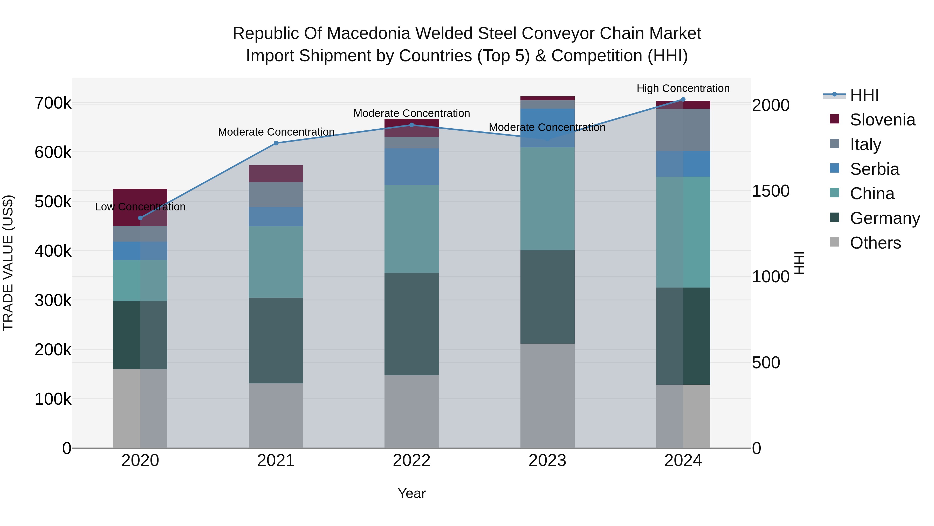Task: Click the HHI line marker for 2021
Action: click(276, 143)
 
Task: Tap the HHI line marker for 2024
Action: click(683, 99)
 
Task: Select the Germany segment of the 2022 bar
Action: click(411, 324)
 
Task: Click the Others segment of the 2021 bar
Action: click(276, 416)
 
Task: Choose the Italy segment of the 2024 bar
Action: click(683, 130)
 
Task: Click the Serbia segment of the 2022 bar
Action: click(411, 167)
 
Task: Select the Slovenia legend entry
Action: click(882, 120)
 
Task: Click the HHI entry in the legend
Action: click(864, 95)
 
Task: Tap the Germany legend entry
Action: click(885, 218)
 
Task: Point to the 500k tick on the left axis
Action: click(53, 202)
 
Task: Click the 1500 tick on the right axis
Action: click(771, 191)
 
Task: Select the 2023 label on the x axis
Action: click(547, 461)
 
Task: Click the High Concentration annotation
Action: click(683, 88)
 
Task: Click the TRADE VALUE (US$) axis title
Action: click(8, 263)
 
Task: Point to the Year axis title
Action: click(411, 493)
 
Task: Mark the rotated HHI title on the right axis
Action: click(799, 263)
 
